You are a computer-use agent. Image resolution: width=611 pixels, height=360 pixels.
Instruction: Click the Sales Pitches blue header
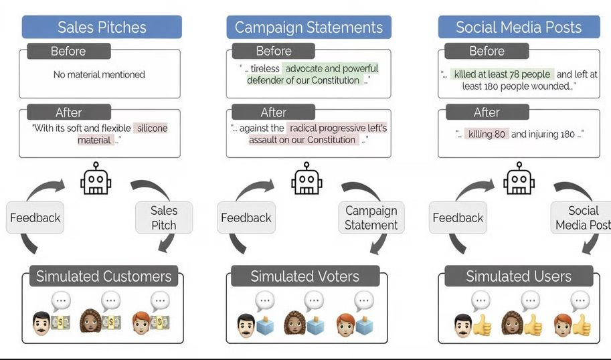(x=102, y=27)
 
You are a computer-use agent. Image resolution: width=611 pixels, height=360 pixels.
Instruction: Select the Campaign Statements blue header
(x=309, y=27)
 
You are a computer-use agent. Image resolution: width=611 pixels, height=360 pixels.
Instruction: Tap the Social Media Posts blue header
(x=519, y=27)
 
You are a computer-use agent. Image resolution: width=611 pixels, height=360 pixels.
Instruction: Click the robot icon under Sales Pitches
(x=96, y=179)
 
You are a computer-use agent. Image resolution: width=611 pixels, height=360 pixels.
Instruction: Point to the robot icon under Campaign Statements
(x=307, y=179)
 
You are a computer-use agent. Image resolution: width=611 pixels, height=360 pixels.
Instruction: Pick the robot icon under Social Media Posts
(x=519, y=179)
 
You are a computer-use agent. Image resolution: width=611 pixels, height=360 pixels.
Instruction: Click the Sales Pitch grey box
(x=164, y=217)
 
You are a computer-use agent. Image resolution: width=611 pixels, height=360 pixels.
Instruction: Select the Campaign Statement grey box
(x=371, y=217)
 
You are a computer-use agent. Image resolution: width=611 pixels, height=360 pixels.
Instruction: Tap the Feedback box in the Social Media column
(x=458, y=217)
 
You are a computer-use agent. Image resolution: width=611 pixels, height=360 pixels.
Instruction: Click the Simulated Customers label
(x=104, y=276)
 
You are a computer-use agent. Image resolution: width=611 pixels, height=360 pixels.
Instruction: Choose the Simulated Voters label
(x=305, y=276)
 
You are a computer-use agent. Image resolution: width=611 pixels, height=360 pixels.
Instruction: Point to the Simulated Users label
(x=519, y=276)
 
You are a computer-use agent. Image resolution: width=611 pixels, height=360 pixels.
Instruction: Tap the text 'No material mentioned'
(x=99, y=75)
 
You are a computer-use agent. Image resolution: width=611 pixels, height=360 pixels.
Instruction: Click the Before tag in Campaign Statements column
(x=273, y=52)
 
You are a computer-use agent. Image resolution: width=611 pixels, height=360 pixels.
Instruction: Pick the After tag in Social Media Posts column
(x=487, y=112)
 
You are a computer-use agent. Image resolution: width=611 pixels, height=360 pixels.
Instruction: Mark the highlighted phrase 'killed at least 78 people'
(x=502, y=74)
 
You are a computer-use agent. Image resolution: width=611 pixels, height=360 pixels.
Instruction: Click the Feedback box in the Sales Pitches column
(x=35, y=217)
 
